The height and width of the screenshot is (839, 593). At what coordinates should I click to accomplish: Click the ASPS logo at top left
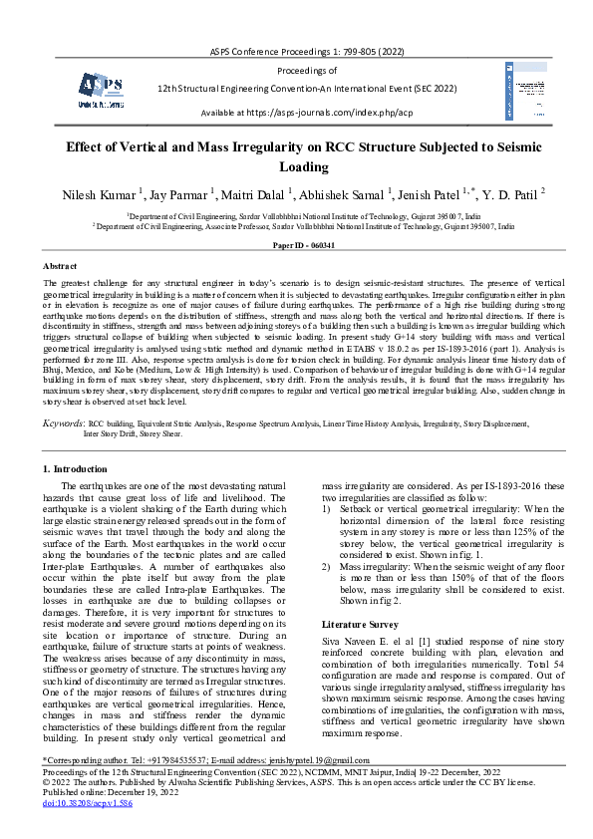(101, 90)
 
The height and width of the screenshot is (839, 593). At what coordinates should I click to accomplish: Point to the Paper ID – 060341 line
(296, 244)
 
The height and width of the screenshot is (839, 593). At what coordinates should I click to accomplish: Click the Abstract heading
(61, 266)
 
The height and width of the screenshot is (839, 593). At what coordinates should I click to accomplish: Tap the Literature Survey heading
(356, 623)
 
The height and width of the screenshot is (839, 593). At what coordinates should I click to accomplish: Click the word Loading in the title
(296, 166)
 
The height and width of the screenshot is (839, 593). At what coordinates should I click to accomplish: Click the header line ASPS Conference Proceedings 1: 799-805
(296, 50)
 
